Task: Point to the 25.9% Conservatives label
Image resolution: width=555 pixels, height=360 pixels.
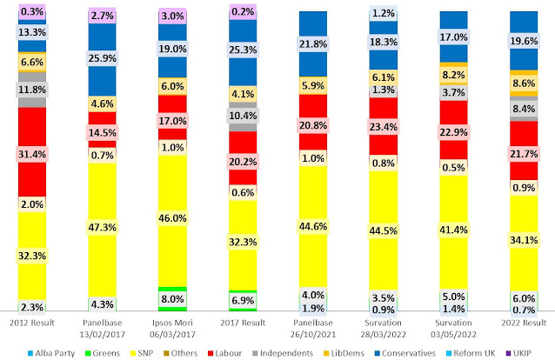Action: point(102,60)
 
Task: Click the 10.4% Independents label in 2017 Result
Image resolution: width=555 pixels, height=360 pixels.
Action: point(242,115)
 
